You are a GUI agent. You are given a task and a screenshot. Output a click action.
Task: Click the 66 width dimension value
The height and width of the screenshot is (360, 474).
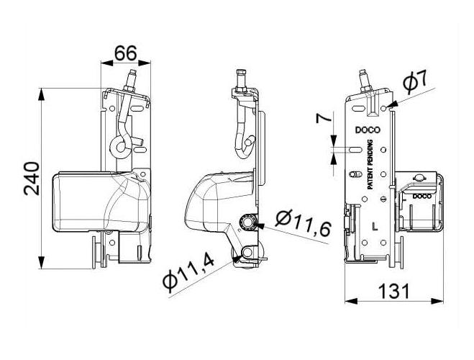125,53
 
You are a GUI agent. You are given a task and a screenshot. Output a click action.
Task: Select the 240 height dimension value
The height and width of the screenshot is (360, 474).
32,179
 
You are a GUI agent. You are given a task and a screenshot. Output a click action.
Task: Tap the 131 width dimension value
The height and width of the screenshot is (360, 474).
394,291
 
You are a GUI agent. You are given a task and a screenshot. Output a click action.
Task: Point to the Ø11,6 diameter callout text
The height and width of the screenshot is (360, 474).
303,223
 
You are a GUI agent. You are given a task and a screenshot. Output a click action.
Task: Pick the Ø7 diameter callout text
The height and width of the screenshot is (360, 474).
415,82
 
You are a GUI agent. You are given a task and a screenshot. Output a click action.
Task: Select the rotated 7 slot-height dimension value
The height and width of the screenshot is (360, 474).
324,117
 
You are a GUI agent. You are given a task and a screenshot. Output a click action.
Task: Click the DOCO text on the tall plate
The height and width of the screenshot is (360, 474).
368,130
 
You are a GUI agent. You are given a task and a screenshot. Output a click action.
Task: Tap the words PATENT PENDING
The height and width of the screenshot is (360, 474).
370,165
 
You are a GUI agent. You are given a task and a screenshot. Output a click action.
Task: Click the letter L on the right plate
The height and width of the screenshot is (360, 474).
375,226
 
